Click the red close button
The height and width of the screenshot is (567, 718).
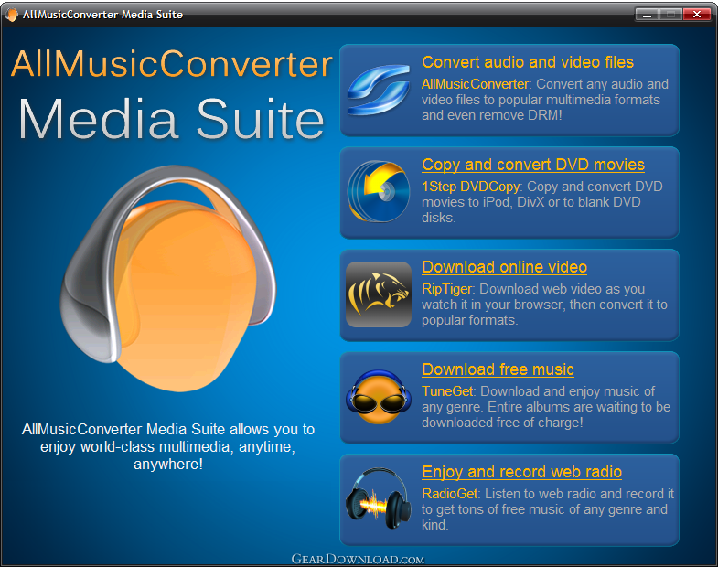point(696,15)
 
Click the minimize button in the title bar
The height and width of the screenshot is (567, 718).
point(647,15)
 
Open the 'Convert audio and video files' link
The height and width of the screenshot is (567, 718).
point(528,62)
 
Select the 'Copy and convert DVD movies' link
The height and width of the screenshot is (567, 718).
point(533,165)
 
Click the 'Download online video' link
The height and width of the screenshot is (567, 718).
point(504,267)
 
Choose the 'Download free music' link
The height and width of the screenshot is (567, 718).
point(498,369)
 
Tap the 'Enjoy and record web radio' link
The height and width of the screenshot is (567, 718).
point(521,472)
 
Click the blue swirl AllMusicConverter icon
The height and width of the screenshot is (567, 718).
point(379,90)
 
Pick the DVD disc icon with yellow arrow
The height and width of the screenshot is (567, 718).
point(379,191)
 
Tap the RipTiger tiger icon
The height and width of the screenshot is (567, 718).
point(379,294)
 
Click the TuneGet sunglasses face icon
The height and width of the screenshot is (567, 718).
point(379,397)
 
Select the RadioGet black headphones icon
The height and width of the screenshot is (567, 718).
point(379,498)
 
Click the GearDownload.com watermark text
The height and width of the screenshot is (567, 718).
point(358,559)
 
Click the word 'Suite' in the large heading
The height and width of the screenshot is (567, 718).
point(261,119)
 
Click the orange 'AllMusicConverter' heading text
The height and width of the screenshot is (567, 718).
point(172,63)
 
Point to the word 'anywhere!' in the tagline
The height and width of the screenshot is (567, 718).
point(168,465)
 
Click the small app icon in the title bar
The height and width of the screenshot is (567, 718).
point(12,15)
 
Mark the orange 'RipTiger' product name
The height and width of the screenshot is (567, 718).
point(446,289)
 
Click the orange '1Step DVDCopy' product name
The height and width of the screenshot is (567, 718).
point(471,187)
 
